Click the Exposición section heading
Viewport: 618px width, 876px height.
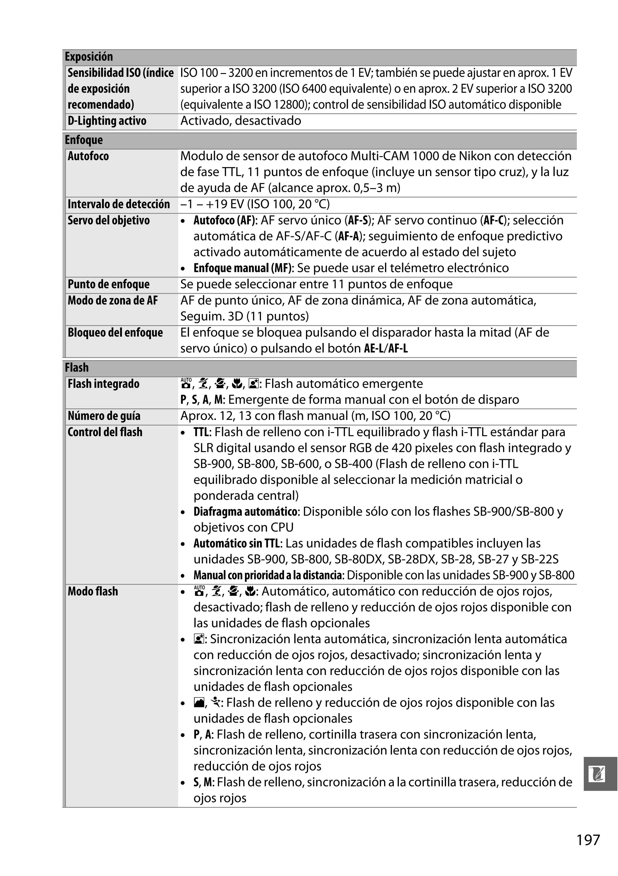[89, 57]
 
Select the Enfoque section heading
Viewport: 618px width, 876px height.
[84, 140]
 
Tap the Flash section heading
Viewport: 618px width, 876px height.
[77, 367]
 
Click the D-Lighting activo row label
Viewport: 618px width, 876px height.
[107, 121]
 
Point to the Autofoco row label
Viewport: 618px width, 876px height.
[88, 156]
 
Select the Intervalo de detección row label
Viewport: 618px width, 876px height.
[119, 204]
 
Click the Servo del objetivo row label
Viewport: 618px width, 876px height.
[109, 220]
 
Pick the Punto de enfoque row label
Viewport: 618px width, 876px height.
[109, 284]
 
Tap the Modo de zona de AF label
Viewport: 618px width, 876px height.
[113, 301]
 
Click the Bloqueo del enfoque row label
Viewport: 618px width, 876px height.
[115, 333]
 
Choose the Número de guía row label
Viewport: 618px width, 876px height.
[104, 416]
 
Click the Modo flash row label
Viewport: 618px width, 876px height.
[93, 591]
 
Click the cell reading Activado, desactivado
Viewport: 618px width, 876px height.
[241, 121]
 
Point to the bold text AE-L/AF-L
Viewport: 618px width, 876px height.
[386, 349]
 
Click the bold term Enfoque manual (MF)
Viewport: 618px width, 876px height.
[243, 268]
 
